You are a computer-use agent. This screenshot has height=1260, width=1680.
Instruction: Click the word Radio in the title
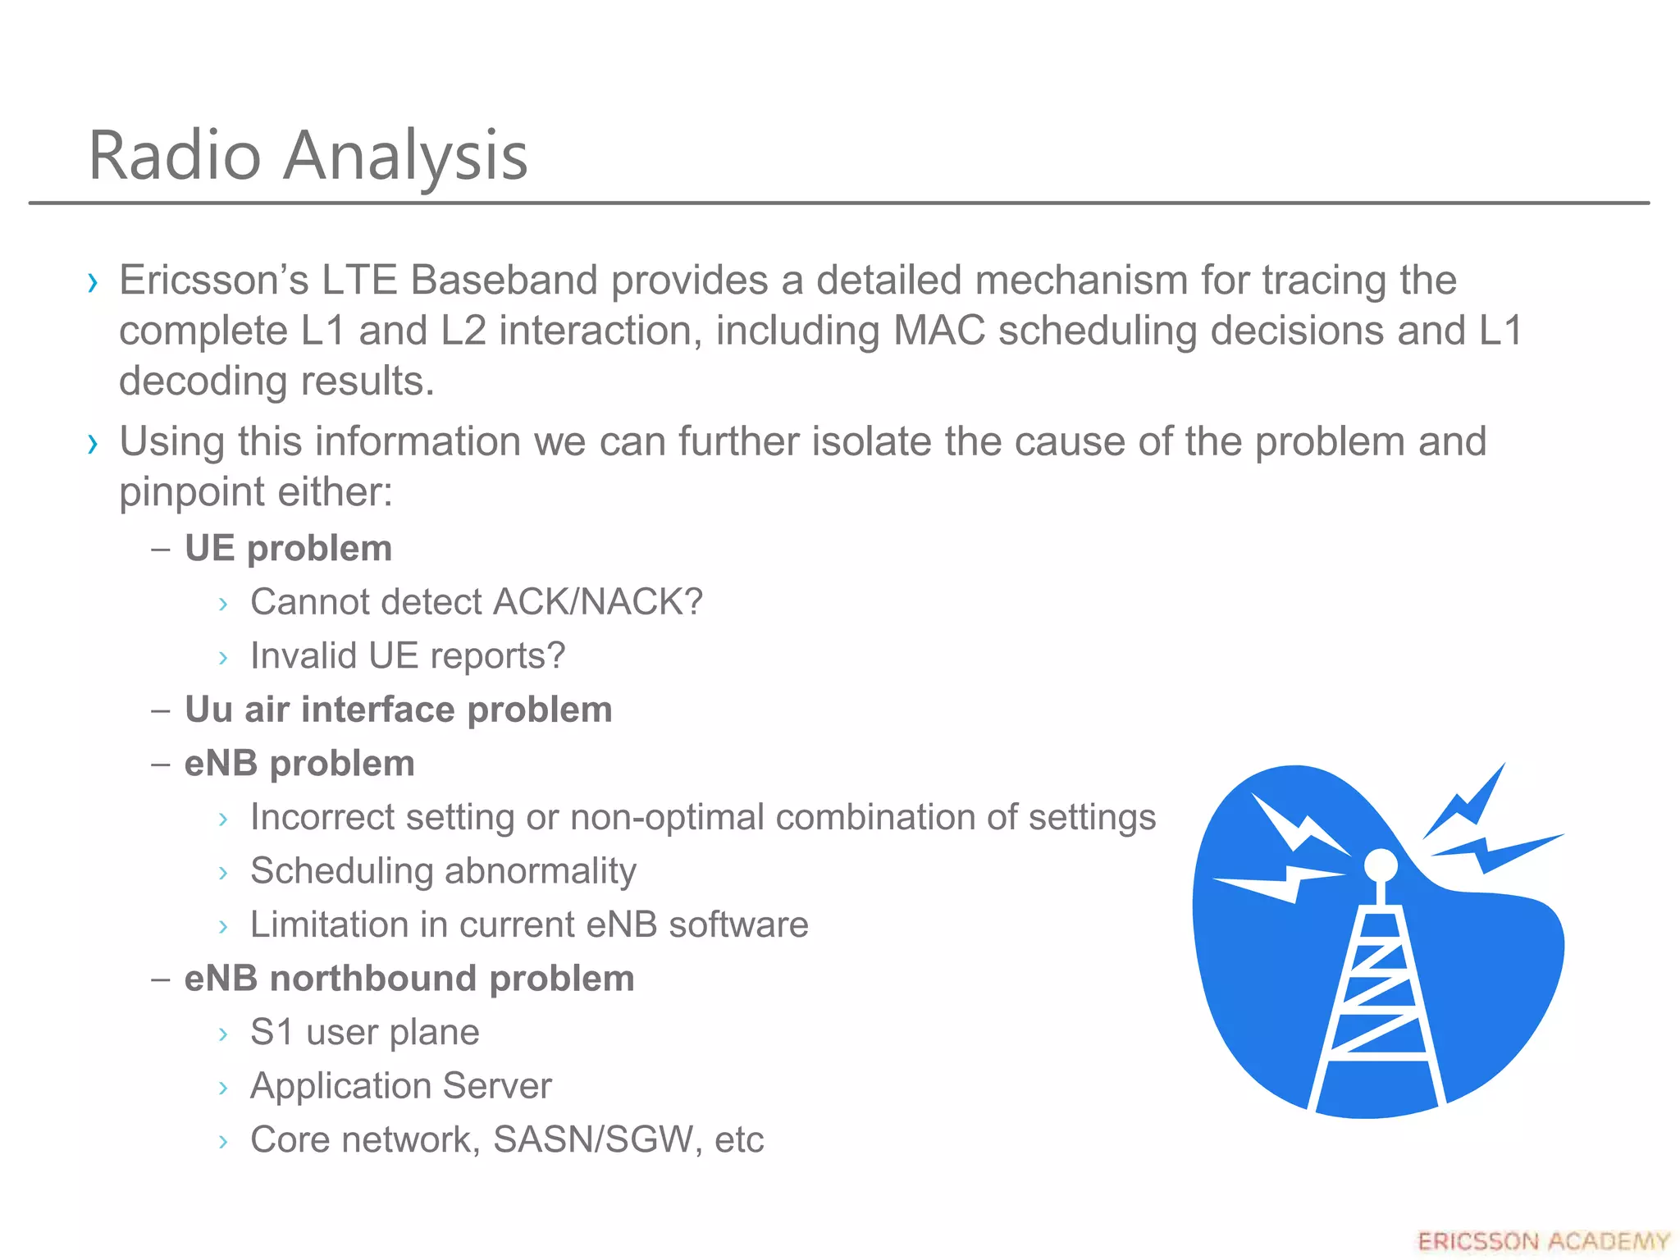(x=175, y=156)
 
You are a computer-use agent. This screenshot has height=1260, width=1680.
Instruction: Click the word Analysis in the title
(x=405, y=156)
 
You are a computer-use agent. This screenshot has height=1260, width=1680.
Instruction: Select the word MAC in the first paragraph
(x=938, y=331)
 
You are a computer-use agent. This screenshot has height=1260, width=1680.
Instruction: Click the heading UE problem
(x=288, y=548)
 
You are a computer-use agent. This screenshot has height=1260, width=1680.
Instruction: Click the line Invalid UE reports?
(x=408, y=656)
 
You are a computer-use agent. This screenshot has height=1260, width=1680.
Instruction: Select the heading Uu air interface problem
(x=398, y=710)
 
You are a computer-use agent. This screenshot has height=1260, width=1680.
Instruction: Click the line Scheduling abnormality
(x=443, y=871)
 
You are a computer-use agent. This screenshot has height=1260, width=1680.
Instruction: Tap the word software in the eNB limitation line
(x=738, y=925)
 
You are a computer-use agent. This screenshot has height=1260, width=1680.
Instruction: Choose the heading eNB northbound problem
(x=409, y=979)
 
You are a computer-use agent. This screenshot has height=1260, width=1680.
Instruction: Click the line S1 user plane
(x=364, y=1032)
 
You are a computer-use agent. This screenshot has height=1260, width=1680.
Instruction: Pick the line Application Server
(x=400, y=1086)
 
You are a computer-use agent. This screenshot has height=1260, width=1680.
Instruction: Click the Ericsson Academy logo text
(x=1543, y=1241)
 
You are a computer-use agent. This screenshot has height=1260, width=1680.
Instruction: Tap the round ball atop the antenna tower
(x=1381, y=865)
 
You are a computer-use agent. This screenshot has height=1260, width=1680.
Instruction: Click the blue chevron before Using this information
(x=93, y=444)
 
